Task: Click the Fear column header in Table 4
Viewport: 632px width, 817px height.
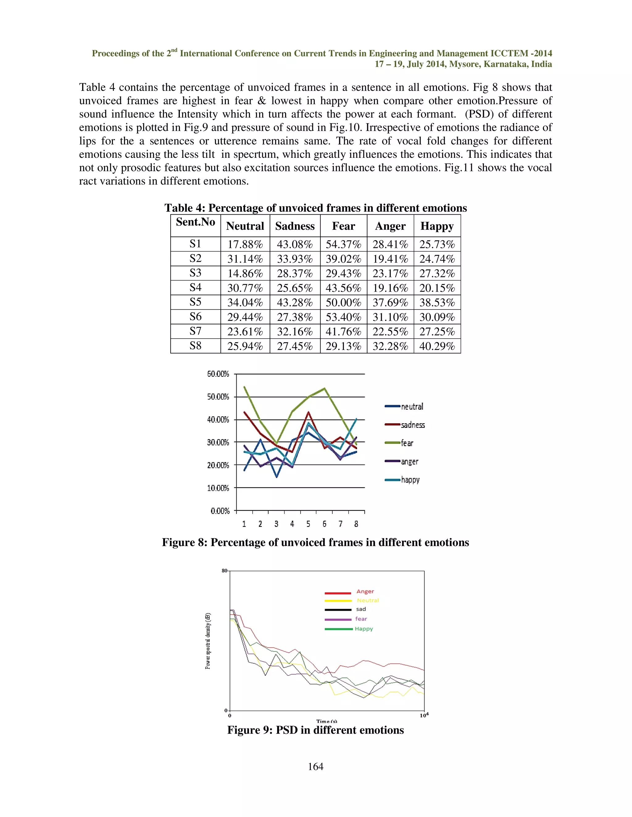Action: (x=343, y=226)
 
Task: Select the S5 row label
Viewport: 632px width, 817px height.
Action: (x=195, y=302)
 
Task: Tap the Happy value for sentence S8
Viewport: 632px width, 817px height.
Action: (x=437, y=346)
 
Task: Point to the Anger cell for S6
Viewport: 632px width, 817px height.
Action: (x=390, y=317)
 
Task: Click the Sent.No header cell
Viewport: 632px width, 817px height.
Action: (x=195, y=222)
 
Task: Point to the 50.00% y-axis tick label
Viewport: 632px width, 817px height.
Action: (x=218, y=397)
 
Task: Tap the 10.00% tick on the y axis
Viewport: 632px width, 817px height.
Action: (x=218, y=488)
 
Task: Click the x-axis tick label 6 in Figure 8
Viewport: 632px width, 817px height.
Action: (x=324, y=524)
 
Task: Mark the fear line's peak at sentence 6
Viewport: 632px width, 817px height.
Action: (x=324, y=388)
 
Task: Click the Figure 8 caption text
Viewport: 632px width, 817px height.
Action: (x=315, y=542)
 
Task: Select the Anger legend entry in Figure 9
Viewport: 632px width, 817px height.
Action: (x=365, y=591)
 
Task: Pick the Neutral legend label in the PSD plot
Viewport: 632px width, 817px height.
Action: (x=368, y=600)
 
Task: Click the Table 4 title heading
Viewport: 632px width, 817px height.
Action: (x=315, y=208)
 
